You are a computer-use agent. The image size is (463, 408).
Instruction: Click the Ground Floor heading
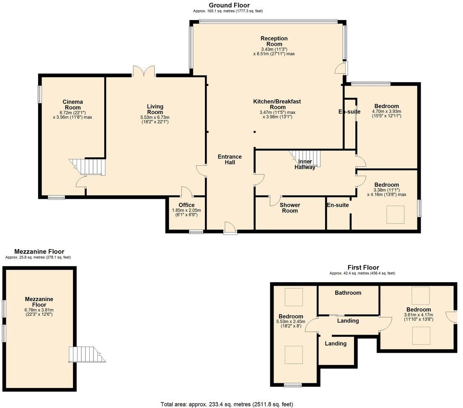coord(229,5)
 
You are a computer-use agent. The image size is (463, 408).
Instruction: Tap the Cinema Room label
coord(72,105)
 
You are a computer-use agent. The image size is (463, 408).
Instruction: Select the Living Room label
coord(155,109)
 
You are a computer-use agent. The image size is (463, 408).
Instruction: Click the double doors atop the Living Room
coord(144,71)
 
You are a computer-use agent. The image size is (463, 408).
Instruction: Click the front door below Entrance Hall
coord(229,228)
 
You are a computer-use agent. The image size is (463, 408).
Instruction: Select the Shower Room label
coord(290,208)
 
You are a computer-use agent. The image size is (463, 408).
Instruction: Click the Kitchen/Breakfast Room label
coord(277,104)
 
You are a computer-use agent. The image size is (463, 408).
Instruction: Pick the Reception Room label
coord(274,41)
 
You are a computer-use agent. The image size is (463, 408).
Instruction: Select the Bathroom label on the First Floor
coord(348,293)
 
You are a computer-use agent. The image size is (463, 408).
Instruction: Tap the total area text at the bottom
coord(227,404)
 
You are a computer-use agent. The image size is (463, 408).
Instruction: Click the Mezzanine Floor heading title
coord(39,252)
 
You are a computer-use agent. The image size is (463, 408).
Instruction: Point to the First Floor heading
coord(363,267)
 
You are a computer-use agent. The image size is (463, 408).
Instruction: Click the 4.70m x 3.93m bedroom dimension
coord(386,114)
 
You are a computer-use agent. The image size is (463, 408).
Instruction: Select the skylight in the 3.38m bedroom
coord(395,214)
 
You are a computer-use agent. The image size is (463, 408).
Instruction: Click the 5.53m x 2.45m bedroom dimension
coord(291,324)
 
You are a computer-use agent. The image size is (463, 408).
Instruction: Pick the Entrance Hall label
coord(230,159)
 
